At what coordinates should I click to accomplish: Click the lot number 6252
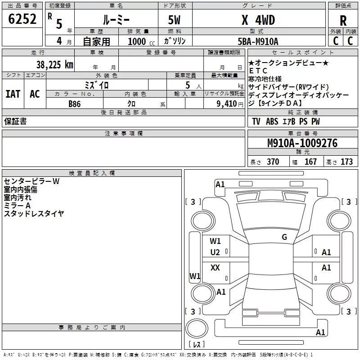pos(22,19)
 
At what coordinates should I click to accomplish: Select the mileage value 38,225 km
pos(55,64)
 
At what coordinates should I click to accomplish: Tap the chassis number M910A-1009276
pos(302,143)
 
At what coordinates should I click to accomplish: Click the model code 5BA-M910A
pos(258,41)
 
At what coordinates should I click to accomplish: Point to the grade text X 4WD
pos(258,20)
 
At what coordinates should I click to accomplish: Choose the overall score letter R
pos(343,20)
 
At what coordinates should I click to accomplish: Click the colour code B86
pos(75,104)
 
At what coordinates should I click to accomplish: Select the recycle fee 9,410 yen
pos(230,104)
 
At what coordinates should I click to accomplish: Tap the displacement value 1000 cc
pos(141,41)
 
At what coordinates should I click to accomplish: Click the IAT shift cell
pos(13,94)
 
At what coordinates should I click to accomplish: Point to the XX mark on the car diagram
pos(215,267)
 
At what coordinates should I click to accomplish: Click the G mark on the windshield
pos(284,237)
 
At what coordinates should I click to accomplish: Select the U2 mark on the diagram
pos(215,252)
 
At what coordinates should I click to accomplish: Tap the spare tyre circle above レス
pos(197,328)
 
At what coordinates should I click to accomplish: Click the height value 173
pos(346,162)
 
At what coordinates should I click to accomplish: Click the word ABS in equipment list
pos(272,121)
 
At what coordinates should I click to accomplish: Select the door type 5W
pos(174,20)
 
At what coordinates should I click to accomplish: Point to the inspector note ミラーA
pos(17,205)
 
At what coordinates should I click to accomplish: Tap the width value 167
pos(310,162)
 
